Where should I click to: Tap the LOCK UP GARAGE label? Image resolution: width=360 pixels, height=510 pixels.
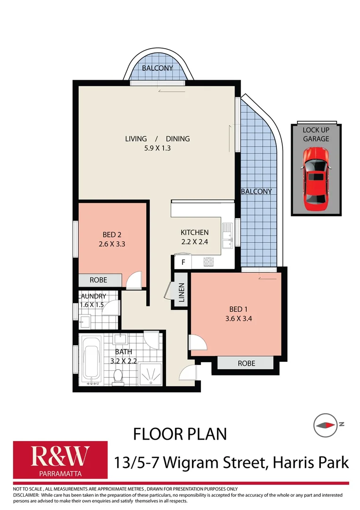pyautogui.click(x=316, y=134)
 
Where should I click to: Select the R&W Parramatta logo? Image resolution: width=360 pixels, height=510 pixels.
pyautogui.click(x=60, y=460)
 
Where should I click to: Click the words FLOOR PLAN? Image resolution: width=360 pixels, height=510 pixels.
pyautogui.click(x=180, y=433)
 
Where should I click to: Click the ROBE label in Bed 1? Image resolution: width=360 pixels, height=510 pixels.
pyautogui.click(x=246, y=363)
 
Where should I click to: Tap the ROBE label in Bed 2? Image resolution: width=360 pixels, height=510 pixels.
pyautogui.click(x=99, y=280)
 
